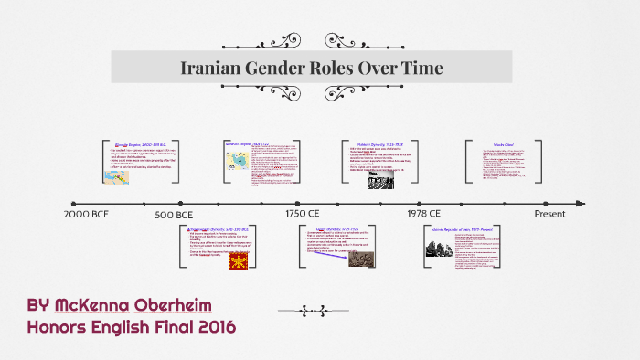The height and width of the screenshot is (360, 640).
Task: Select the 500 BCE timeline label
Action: click(x=173, y=214)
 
